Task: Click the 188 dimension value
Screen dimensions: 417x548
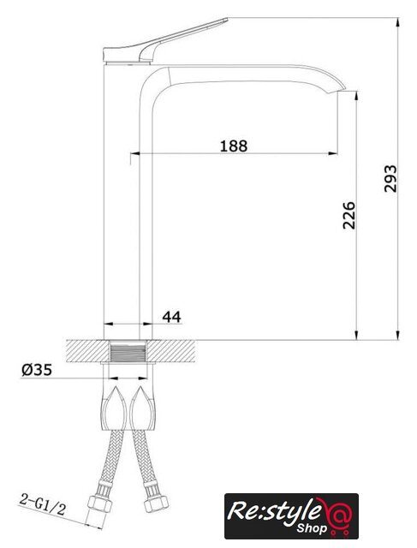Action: point(234,146)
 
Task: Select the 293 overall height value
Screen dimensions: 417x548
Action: point(390,179)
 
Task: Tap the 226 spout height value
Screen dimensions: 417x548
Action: point(348,215)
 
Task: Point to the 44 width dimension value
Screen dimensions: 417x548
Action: point(171,317)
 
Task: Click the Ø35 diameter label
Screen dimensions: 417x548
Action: point(37,370)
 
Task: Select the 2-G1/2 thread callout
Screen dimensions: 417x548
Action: point(42,504)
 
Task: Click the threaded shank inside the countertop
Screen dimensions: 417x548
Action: point(128,352)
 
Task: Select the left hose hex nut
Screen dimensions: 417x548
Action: point(99,503)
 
